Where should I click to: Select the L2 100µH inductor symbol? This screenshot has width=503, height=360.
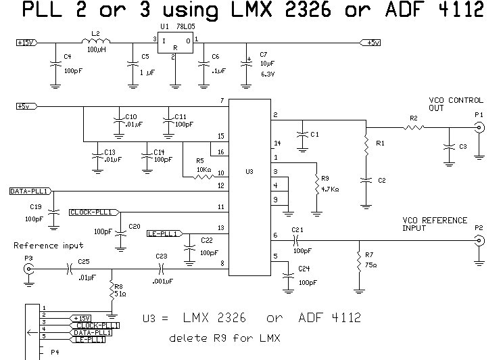coord(95,43)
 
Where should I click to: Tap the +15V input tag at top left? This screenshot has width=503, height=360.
coord(25,43)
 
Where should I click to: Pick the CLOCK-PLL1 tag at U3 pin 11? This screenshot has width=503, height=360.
coord(91,212)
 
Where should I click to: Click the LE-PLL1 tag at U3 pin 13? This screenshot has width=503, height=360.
coord(162,234)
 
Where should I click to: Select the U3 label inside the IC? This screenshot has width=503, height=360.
coord(249,173)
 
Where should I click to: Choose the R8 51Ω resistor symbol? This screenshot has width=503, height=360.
coord(111,294)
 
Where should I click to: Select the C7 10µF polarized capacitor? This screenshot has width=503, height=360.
coord(245,64)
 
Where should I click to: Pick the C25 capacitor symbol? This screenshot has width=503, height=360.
coord(70,269)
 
